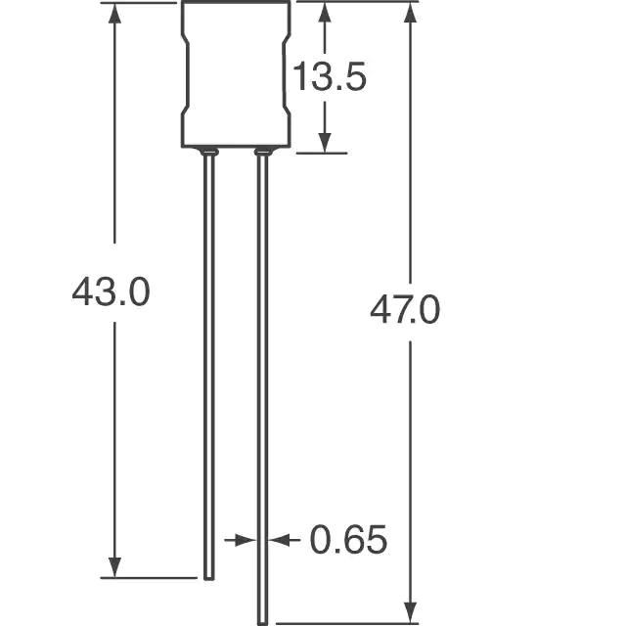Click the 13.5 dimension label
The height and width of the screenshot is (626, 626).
[330, 76]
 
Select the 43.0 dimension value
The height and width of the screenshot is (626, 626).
[111, 291]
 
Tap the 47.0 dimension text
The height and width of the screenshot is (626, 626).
[405, 309]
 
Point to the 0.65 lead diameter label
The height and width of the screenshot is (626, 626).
[348, 539]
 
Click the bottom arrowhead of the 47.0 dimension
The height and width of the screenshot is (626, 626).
[411, 613]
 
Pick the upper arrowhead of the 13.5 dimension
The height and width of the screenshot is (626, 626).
[325, 12]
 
